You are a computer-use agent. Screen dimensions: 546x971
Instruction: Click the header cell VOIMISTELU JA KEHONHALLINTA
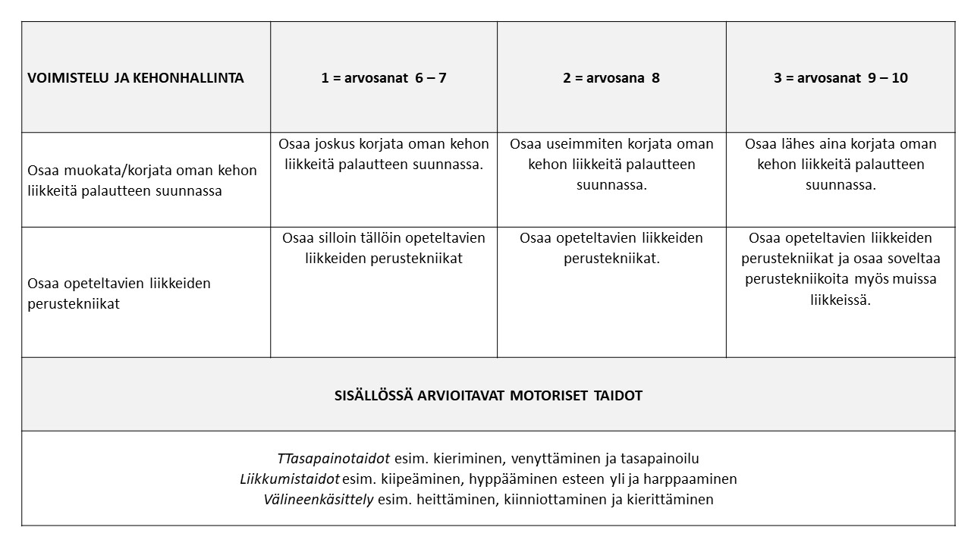136,77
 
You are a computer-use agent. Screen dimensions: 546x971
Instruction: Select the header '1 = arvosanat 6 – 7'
384,77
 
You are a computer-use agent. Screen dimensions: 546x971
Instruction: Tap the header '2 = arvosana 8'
611,77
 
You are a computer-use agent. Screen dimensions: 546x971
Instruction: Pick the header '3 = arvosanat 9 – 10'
841,77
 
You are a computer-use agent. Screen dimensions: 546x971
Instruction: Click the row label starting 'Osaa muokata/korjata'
142,180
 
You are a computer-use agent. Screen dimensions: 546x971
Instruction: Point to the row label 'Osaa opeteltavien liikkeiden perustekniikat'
119,293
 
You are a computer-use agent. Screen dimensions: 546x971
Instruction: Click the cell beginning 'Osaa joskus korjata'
384,154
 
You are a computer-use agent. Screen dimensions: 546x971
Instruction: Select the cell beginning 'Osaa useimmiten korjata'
611,165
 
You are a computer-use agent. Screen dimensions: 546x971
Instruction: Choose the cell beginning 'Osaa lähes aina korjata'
841,165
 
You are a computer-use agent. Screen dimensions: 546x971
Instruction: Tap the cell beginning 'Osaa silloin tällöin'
384,248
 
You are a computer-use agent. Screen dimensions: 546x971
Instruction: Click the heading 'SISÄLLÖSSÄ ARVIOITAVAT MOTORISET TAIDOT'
488,395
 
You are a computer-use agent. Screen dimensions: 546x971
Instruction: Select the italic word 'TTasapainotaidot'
334,459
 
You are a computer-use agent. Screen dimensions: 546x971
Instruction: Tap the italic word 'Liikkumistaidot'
290,479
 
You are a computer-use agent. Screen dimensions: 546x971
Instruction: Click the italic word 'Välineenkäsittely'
319,500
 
